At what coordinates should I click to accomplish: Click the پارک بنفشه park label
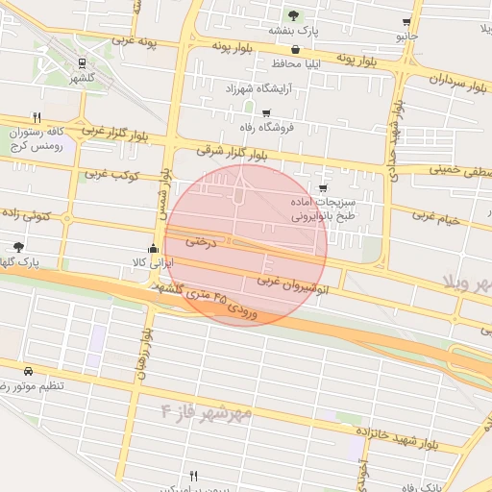[293, 31]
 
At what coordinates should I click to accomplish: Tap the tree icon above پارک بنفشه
[293, 15]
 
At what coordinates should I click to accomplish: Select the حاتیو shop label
[407, 37]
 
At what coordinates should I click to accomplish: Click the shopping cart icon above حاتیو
[407, 21]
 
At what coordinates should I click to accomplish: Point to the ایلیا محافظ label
[294, 63]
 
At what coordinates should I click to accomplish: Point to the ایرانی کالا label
[152, 261]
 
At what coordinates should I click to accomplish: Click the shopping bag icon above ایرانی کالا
[152, 247]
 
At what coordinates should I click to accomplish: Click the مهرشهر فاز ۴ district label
[206, 412]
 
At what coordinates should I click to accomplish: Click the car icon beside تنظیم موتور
[28, 370]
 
